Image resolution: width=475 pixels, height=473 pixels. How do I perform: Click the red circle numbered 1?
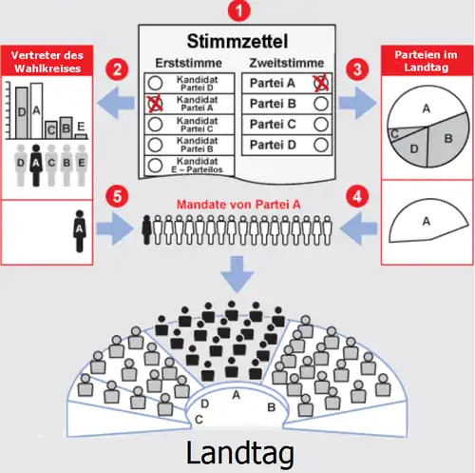coord(238,10)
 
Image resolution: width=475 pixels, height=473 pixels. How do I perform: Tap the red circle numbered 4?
coord(357,196)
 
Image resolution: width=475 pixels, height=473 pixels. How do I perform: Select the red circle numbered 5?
coord(117,196)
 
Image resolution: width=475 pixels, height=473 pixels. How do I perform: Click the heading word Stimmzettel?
coord(237,41)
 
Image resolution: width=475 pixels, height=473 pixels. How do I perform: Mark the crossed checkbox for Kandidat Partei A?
coord(155,104)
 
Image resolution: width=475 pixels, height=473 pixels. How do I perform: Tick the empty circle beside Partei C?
coord(321,125)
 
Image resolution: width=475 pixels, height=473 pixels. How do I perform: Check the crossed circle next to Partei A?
coord(321,83)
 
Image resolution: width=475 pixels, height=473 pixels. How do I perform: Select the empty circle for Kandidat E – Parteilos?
coord(155,166)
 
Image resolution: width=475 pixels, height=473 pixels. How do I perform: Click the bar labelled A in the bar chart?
coord(37,111)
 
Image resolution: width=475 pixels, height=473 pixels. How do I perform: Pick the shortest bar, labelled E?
coord(81,136)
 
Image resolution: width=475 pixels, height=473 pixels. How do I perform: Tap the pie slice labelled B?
coord(447,140)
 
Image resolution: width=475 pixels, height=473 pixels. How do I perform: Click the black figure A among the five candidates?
coord(36,165)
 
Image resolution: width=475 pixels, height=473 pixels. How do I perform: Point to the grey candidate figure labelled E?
coord(82,165)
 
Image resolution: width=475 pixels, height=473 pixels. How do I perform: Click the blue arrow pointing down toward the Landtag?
coord(237,274)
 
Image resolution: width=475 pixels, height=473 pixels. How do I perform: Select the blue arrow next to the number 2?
coord(116,103)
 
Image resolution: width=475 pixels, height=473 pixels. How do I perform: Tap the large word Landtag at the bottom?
coord(240,453)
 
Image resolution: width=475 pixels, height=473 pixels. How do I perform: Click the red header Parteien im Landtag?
coord(427,61)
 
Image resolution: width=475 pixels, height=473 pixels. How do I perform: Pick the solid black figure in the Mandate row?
coord(146,229)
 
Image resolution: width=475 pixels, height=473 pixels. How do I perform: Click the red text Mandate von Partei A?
coord(238,205)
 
